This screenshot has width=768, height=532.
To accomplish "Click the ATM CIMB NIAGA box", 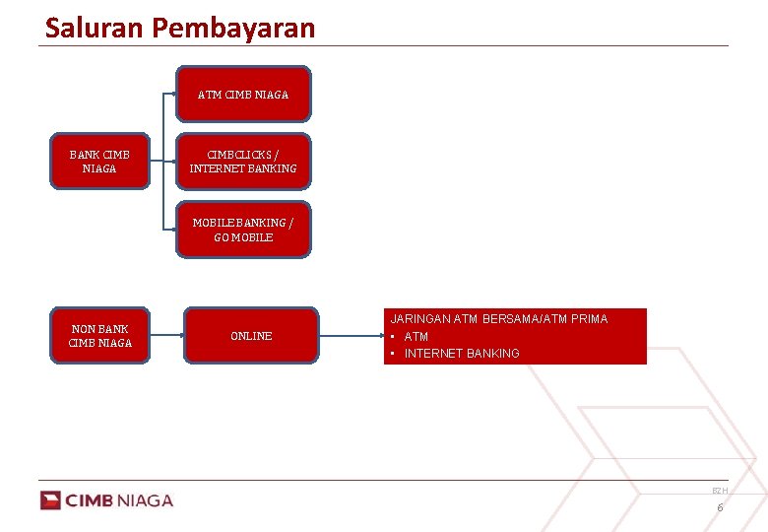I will [243, 95].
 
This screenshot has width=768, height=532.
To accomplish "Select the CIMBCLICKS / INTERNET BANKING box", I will [243, 162].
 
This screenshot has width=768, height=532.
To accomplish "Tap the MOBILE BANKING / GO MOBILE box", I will [243, 230].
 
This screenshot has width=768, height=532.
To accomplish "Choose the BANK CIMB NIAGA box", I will [99, 162].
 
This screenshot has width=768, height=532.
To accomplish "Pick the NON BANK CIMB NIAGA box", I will [99, 336].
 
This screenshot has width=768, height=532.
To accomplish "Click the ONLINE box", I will [251, 336].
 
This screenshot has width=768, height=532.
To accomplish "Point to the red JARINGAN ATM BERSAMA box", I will [515, 336].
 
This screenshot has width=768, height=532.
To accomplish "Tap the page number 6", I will [720, 507].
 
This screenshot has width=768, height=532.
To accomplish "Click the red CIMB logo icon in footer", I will [50, 500].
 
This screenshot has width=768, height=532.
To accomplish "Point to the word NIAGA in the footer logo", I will [145, 500].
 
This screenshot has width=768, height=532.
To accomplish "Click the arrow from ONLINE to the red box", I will [352, 336].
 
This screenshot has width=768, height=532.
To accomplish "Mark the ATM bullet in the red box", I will [416, 337].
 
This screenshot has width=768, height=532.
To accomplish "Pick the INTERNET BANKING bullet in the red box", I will [462, 354].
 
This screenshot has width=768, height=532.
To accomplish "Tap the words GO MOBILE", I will [243, 237].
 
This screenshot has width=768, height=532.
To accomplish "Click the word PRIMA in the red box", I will [588, 319].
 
